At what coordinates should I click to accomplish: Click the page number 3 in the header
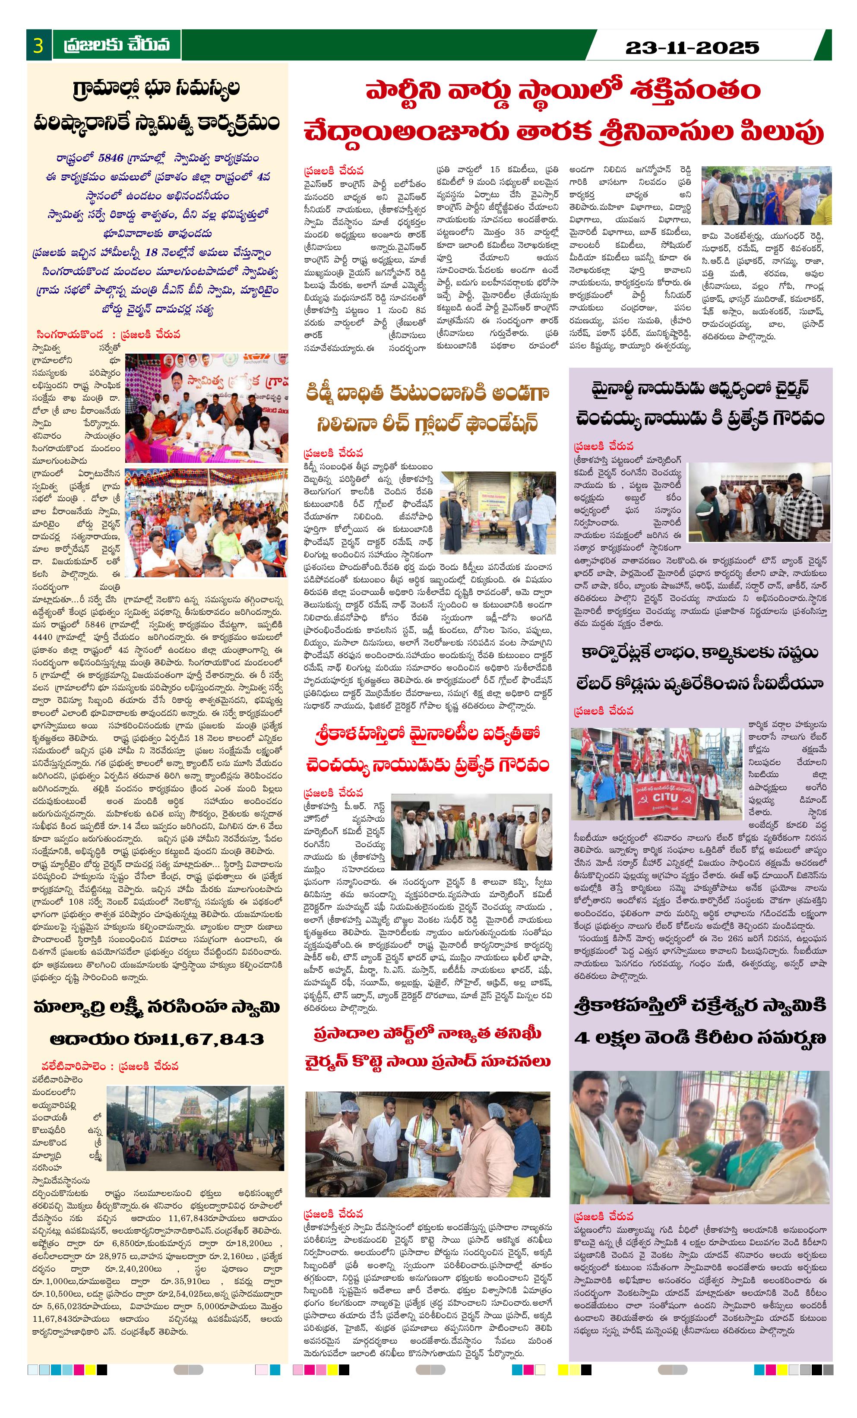point(38,45)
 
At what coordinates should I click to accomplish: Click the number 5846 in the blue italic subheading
point(111,158)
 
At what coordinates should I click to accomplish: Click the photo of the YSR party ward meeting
point(766,196)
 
